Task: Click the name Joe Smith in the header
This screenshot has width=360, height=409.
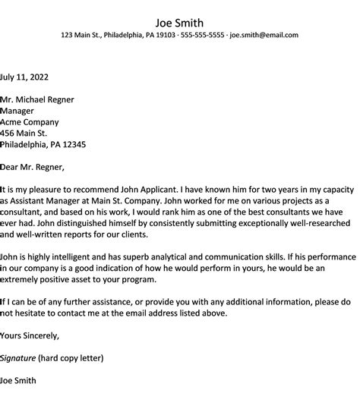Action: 179,22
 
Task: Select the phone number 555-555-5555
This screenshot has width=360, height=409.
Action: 201,35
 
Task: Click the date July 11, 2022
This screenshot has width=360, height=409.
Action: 28,77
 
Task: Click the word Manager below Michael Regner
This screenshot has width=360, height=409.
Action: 22,111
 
